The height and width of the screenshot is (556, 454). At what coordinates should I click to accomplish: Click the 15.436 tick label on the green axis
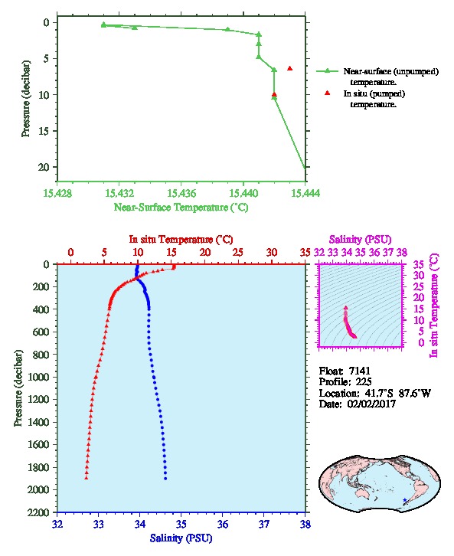[x=181, y=193]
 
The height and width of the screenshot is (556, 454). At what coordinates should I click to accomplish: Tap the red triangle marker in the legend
[x=327, y=93]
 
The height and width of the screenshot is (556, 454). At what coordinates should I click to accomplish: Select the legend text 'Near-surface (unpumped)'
[x=391, y=72]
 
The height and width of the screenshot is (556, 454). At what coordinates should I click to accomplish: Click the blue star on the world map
[x=405, y=500]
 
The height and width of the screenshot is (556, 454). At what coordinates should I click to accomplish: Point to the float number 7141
[x=359, y=371]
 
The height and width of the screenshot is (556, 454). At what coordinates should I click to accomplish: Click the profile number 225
[x=364, y=382]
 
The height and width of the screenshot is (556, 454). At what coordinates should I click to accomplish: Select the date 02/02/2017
[x=371, y=404]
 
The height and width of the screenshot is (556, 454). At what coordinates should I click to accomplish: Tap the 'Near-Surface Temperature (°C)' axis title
[x=181, y=208]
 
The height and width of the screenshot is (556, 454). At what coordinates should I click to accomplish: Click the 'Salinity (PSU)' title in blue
[x=181, y=538]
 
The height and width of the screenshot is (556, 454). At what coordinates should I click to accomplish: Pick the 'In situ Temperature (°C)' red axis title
[x=181, y=240]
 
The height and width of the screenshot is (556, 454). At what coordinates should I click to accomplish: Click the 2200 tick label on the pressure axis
[x=38, y=512]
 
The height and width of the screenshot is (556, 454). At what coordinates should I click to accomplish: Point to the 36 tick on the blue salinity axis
[x=223, y=524]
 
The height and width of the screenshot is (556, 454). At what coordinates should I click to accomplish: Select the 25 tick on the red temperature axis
[x=238, y=253]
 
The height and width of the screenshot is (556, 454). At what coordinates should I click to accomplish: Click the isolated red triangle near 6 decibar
[x=290, y=68]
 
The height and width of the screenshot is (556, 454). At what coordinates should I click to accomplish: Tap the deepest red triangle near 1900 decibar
[x=86, y=478]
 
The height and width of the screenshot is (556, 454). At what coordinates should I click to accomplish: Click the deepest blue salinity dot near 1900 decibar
[x=165, y=479]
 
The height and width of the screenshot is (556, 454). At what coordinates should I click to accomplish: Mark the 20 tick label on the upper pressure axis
[x=44, y=167]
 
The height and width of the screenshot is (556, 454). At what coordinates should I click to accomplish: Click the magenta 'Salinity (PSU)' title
[x=360, y=240]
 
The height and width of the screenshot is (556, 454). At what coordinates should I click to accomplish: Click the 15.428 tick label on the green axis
[x=57, y=193]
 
